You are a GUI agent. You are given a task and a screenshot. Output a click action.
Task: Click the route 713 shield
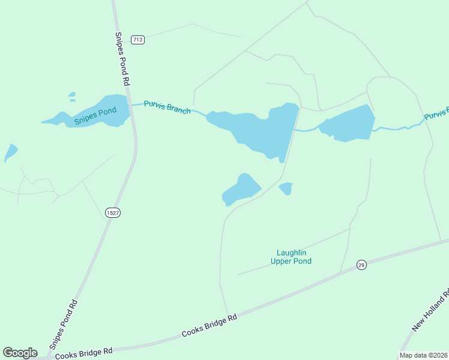[138, 40]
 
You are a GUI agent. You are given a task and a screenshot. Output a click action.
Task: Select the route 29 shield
[361, 265]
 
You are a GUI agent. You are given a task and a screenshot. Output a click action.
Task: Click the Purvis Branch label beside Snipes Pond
[167, 107]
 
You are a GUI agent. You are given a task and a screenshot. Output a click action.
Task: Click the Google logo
[20, 353]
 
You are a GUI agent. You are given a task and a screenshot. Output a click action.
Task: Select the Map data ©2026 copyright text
[423, 355]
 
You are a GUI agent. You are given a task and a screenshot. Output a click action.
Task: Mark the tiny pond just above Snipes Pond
[72, 94]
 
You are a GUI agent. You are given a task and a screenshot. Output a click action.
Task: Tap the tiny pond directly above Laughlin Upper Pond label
[286, 188]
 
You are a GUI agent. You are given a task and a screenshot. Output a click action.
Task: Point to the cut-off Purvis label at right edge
[436, 113]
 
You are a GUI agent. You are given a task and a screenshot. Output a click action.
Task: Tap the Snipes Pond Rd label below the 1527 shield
[64, 324]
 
